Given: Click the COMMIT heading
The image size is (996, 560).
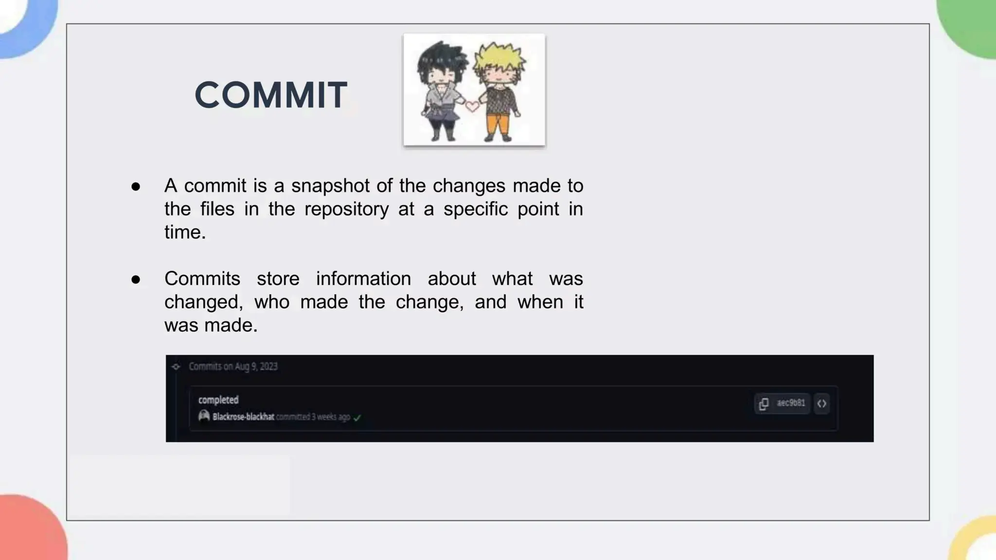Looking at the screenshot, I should pos(271,95).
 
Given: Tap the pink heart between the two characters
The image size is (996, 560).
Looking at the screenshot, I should pos(472,106).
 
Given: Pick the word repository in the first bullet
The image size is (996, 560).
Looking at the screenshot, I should pos(346,209).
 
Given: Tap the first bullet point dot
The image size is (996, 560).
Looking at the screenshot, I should pos(136,187).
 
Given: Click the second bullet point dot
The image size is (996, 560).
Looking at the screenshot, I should pos(136,280).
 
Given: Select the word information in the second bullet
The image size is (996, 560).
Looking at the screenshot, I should pos(363,279).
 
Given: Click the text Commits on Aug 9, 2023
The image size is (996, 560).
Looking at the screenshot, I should pos(233,367).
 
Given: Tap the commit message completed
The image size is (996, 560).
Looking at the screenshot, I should pos(218,400).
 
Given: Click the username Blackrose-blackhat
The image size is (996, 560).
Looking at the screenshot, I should pos(243,417).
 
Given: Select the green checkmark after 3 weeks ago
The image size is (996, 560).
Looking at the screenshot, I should pos(357,418).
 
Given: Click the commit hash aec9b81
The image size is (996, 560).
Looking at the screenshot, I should pos(791,403).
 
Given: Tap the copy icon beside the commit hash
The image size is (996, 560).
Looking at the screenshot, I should pos(764,403).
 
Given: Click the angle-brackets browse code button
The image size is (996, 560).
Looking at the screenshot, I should pos(822,403).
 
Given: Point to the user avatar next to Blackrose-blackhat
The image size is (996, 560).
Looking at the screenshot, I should pos(204,416).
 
